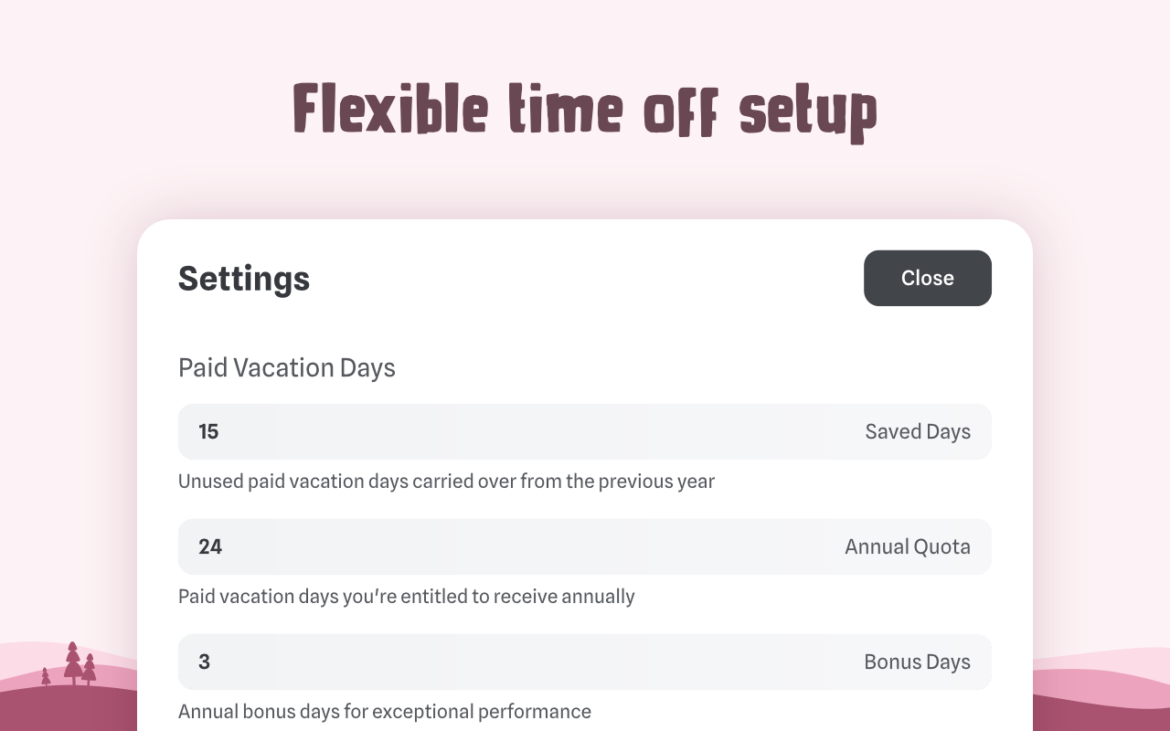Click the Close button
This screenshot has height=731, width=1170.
927,278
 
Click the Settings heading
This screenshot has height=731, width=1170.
244,279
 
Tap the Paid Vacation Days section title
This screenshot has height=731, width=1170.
287,367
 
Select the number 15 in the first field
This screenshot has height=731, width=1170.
208,431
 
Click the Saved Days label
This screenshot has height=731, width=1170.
918,431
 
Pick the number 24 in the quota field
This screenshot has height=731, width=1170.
210,546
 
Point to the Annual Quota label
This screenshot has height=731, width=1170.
908,546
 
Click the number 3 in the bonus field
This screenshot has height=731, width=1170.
204,662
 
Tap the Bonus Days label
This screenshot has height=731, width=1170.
917,662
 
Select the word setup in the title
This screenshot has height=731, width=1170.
807,113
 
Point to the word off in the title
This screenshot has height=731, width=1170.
679,110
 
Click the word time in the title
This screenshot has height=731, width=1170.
565,110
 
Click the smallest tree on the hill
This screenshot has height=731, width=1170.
46,677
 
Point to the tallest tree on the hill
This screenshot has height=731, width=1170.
73,662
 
